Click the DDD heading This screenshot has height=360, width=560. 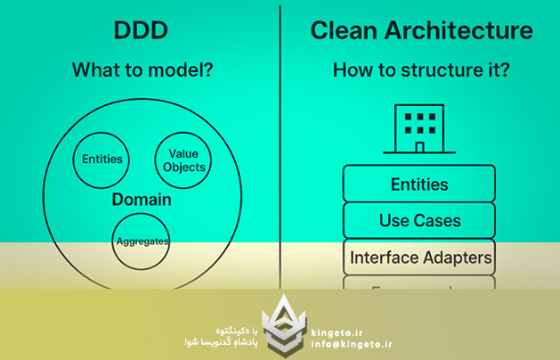point(141,30)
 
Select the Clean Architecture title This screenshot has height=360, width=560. point(421,30)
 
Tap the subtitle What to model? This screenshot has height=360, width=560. point(141,69)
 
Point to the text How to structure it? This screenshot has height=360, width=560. point(419,69)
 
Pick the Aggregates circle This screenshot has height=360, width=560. point(142,241)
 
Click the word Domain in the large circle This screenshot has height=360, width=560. point(142,200)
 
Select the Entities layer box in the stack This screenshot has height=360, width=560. point(419,184)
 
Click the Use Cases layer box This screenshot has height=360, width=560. point(419,220)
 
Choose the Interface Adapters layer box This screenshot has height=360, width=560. point(419,258)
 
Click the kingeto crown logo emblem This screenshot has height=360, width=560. point(286,324)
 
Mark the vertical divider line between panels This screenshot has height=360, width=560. point(281,143)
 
